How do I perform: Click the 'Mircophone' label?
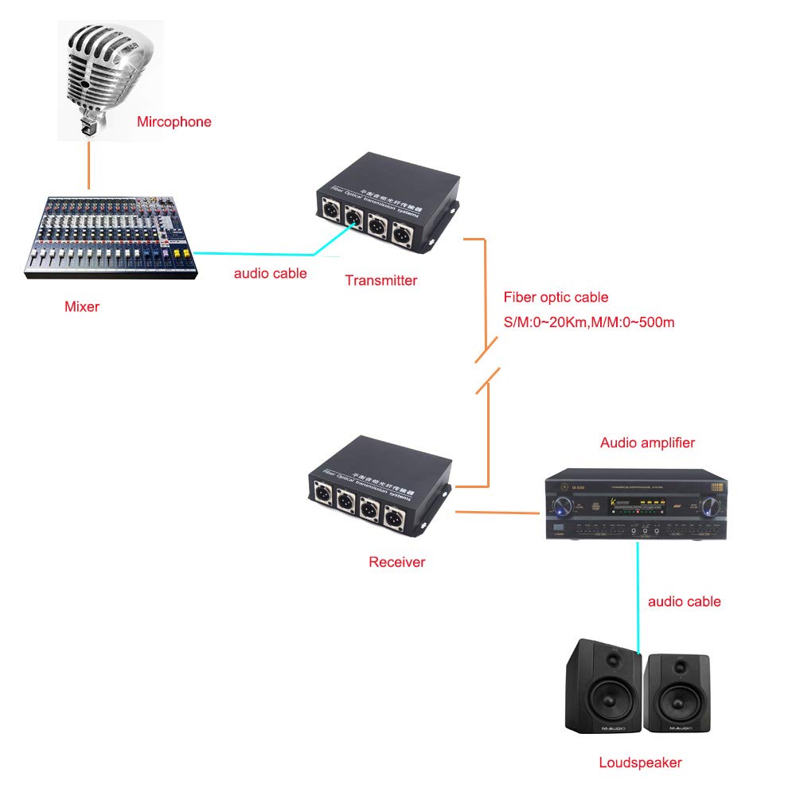[x=174, y=122]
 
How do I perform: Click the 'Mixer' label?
[x=81, y=306]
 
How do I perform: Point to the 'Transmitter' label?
[x=380, y=280]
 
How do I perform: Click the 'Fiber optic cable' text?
[x=556, y=298]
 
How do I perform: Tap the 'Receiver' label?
[x=396, y=562]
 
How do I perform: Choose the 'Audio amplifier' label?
[x=647, y=443]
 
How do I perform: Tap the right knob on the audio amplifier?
[x=710, y=504]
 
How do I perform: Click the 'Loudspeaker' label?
[x=640, y=763]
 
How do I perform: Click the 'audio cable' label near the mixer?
[x=270, y=273]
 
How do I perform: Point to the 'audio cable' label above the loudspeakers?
[x=684, y=601]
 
